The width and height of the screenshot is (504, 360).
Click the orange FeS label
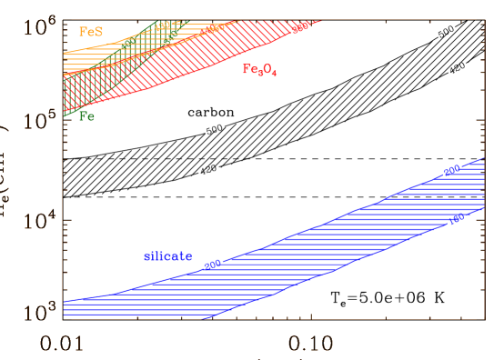(x=91, y=31)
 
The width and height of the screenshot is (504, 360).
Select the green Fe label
(x=86, y=116)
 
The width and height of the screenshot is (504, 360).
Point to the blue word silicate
(x=167, y=256)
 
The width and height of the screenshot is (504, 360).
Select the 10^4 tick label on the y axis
(x=35, y=222)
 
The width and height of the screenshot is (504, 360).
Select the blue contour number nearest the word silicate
(x=211, y=265)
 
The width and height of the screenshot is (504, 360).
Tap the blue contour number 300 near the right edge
(x=452, y=170)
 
